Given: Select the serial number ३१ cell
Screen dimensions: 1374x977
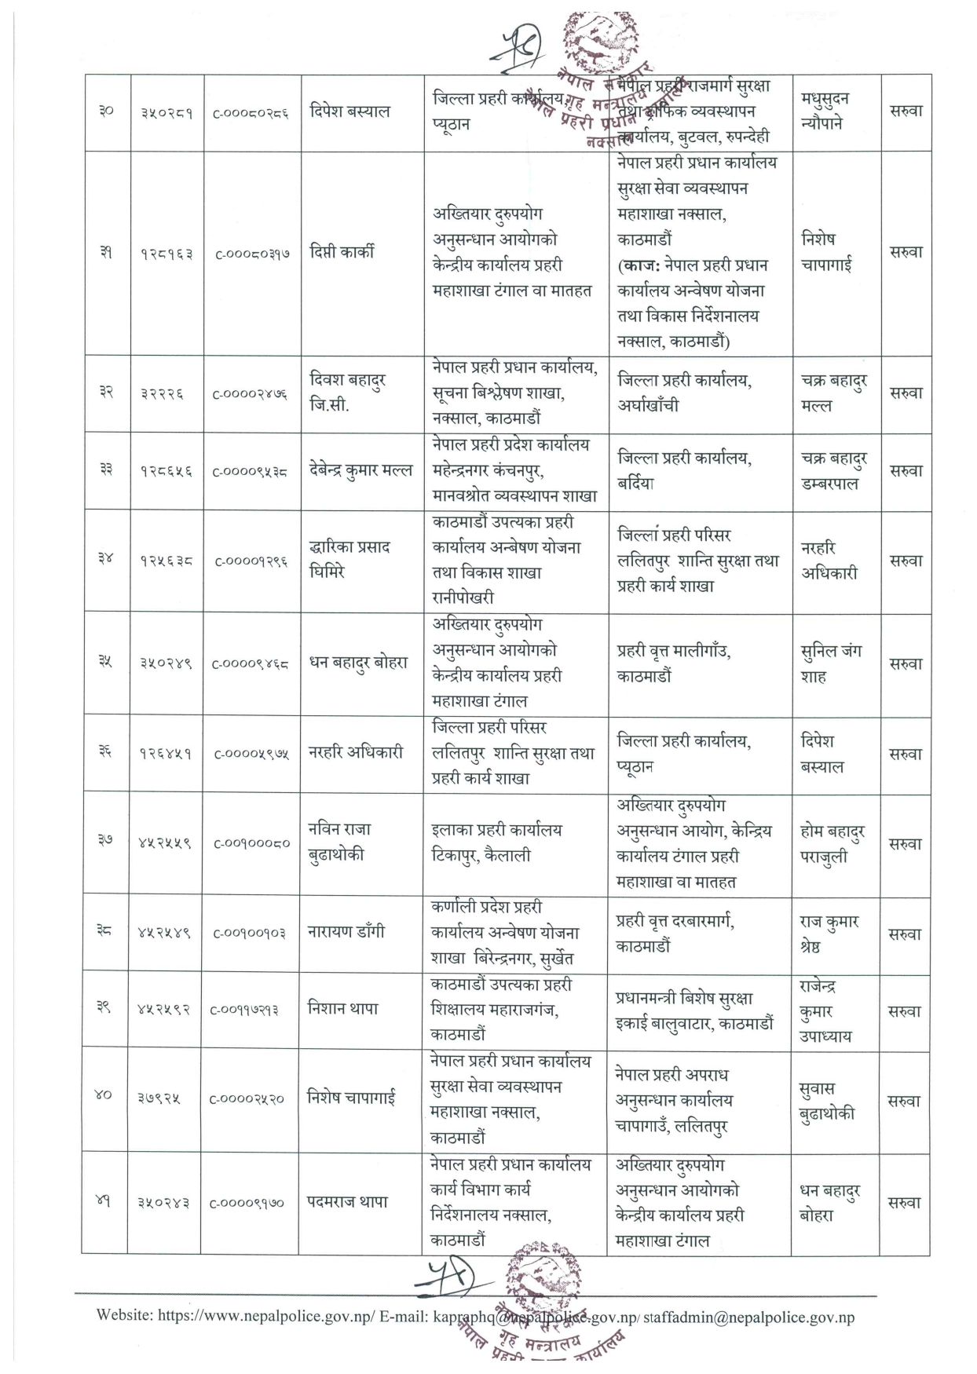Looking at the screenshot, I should coord(105,253).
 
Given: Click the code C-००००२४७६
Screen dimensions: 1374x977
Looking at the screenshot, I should coord(251,393).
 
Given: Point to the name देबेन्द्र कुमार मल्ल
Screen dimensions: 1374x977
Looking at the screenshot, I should coord(360,471).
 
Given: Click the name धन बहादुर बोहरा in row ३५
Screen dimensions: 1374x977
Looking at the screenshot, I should coord(358,663).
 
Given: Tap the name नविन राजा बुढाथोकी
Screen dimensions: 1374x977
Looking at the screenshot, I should coord(339,842).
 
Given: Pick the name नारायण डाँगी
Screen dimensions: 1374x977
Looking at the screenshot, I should coord(346,933).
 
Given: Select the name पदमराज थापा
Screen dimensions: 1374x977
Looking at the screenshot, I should coord(347,1202).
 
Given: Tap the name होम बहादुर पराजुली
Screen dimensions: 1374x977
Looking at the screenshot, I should coord(832,844).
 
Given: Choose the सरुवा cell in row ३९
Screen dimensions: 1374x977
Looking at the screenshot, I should coord(904,1011).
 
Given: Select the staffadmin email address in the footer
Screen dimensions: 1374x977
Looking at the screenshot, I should coord(748,1317).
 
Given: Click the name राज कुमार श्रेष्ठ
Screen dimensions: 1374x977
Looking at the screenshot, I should coord(829,934).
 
